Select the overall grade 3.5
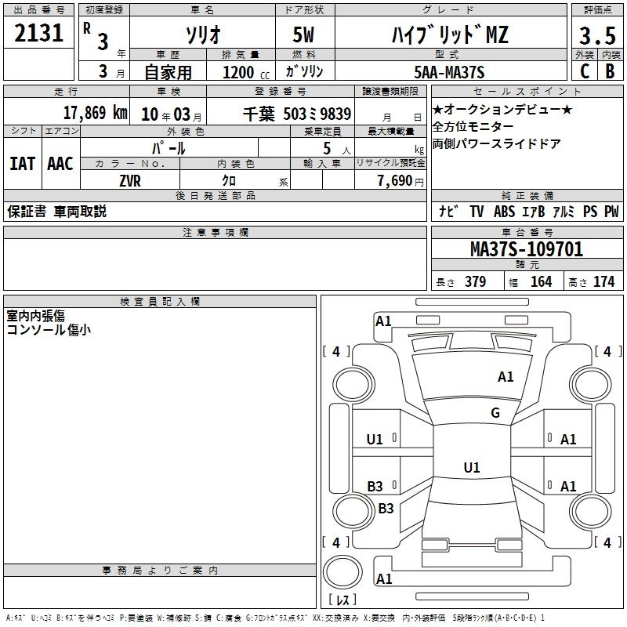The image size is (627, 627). click(596, 36)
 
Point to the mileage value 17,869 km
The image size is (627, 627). click(95, 113)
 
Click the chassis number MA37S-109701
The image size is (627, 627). click(526, 250)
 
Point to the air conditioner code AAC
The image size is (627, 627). click(60, 164)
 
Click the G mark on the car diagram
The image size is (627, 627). click(495, 413)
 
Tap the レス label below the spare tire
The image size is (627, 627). click(342, 600)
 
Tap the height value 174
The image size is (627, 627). click(604, 282)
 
